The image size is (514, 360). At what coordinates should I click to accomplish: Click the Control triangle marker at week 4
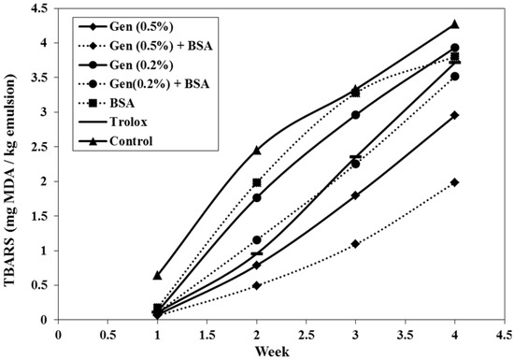(454, 24)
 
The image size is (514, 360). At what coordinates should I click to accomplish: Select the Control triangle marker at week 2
(257, 150)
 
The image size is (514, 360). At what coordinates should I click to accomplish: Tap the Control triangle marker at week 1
(158, 275)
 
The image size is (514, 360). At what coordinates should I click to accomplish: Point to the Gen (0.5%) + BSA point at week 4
(454, 182)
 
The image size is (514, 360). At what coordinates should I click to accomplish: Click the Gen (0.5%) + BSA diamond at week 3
(356, 244)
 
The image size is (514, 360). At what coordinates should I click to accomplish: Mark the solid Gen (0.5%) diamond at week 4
(454, 115)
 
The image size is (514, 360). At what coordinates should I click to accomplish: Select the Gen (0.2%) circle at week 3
(356, 115)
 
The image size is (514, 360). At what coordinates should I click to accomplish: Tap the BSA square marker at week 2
(257, 183)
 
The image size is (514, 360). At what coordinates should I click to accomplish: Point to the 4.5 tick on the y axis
(39, 11)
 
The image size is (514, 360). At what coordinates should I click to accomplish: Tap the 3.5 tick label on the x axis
(405, 331)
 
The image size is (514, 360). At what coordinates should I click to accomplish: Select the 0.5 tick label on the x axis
(108, 331)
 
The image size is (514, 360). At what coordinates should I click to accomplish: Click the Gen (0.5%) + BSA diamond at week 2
(257, 285)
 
